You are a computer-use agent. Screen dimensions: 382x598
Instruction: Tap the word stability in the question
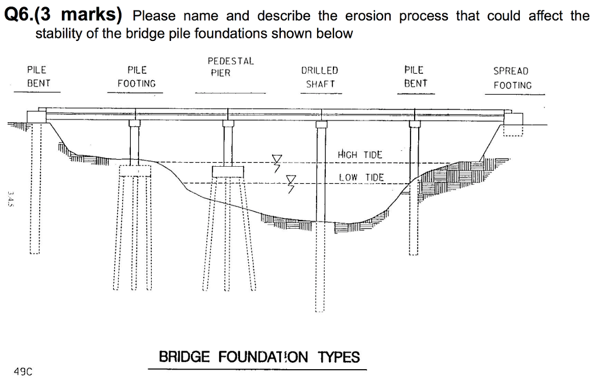pos(58,33)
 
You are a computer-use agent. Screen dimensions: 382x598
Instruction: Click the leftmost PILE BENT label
pos(38,77)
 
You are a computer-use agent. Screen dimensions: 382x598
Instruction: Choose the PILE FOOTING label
pos(137,77)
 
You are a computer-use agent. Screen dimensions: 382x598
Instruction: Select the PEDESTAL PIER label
pos(230,67)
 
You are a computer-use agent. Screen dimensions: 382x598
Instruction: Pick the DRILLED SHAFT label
pos(320,77)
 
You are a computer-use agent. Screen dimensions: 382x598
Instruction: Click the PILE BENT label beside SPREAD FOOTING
pos(415,77)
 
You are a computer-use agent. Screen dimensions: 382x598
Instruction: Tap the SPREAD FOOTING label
pos(512,78)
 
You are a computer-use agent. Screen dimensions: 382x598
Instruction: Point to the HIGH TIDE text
pos(360,154)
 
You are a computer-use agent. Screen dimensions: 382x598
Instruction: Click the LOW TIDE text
pos(361,177)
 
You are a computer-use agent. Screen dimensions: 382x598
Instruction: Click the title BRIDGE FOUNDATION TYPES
pos(259,357)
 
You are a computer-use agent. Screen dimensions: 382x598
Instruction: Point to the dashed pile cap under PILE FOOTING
pos(135,170)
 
